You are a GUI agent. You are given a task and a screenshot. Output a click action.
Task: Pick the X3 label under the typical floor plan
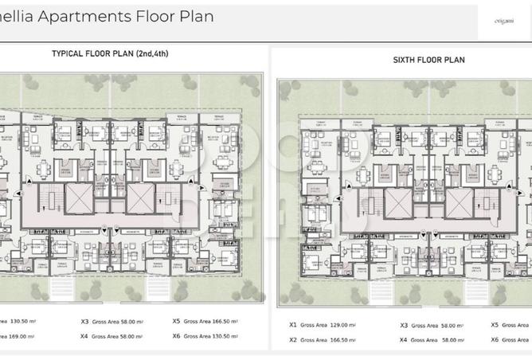(84, 322)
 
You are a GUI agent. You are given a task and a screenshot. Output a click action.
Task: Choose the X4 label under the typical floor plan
(84, 336)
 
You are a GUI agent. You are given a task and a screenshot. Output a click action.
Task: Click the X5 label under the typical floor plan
(177, 322)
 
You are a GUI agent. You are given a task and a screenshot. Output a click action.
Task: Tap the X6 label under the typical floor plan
(177, 336)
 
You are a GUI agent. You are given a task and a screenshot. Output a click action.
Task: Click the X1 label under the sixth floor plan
(293, 325)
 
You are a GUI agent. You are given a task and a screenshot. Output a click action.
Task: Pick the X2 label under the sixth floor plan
(293, 339)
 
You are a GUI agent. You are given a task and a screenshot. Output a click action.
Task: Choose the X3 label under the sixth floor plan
(404, 325)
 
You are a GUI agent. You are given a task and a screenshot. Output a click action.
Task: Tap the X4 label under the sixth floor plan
(404, 339)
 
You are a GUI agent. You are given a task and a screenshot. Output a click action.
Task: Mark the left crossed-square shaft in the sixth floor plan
(397, 202)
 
